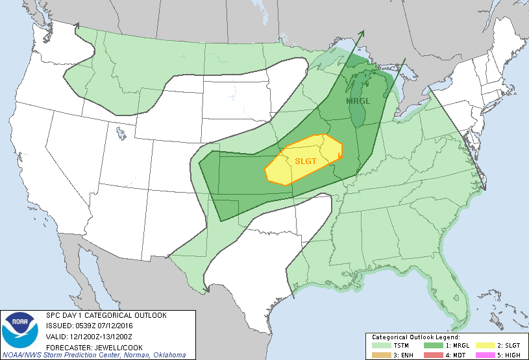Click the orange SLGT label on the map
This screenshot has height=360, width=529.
[306, 160]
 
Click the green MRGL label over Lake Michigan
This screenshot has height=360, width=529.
[358, 101]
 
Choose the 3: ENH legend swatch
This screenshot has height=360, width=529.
[382, 354]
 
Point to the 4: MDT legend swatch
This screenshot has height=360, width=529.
[431, 354]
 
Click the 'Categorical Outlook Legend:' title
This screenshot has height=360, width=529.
[415, 337]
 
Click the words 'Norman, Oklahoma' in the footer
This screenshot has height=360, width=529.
[156, 355]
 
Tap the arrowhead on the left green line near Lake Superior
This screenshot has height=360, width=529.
[362, 32]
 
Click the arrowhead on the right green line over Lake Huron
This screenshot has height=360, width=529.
[404, 61]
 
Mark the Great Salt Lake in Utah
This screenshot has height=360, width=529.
[121, 134]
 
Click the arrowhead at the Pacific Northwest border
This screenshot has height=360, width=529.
[77, 26]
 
